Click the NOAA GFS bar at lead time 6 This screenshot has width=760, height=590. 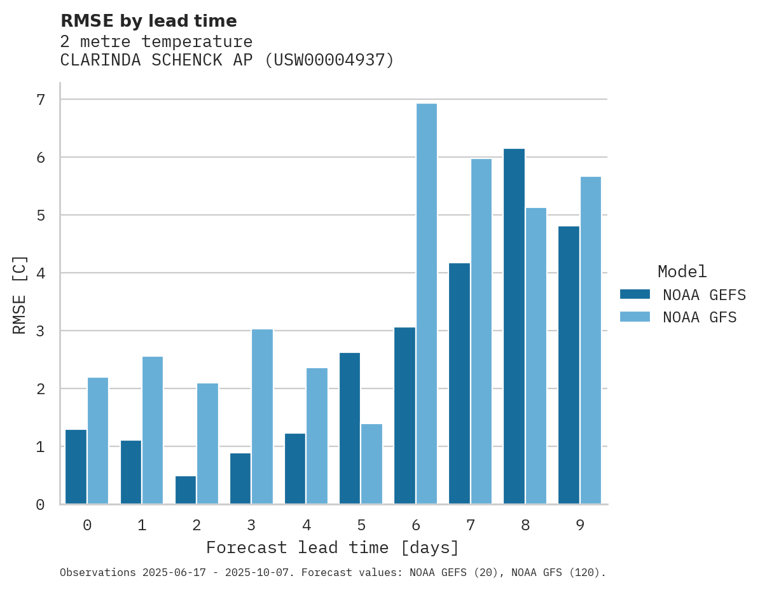tap(426, 304)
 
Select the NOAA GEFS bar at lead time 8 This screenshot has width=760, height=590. tap(514, 326)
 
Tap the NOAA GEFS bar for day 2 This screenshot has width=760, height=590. tap(186, 490)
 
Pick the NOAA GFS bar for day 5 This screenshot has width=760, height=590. tap(371, 463)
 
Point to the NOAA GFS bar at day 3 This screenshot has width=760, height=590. tap(262, 416)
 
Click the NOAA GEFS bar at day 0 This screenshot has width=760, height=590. tap(76, 467)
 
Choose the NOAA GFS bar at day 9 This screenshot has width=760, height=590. tap(590, 340)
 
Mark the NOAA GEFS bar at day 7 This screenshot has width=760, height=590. tap(459, 383)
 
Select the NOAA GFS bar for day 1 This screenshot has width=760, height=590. tap(153, 430)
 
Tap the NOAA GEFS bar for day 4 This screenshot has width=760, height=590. tap(295, 469)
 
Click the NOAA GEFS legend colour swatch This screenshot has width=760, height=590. tap(635, 294)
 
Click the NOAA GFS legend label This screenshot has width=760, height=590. tap(700, 317)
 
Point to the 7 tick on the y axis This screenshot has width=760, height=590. tap(41, 100)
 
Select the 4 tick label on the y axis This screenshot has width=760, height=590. tap(41, 273)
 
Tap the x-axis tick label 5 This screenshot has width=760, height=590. tap(361, 525)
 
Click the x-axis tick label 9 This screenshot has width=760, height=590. tap(580, 525)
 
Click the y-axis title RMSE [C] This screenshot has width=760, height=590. tap(20, 294)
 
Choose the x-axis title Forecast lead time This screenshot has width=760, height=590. tap(332, 547)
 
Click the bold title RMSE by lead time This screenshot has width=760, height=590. tap(148, 21)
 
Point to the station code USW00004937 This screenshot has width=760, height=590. tap(329, 60)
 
